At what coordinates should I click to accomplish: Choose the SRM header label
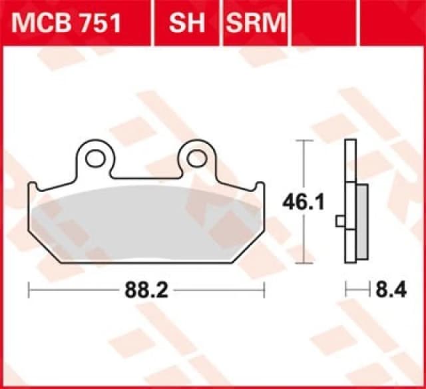click(255, 23)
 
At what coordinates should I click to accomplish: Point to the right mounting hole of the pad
click(196, 158)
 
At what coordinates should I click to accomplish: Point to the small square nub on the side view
click(341, 220)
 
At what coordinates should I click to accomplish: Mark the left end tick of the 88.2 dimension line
click(28, 289)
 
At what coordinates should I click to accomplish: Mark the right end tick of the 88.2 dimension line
click(265, 289)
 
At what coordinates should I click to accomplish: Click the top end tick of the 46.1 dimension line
click(304, 141)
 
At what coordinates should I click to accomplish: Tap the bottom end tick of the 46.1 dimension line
click(304, 262)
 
